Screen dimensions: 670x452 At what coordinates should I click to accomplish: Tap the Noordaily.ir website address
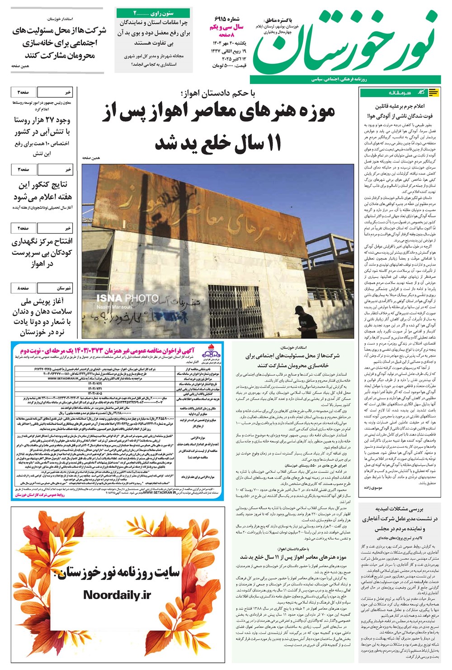[x=117, y=595]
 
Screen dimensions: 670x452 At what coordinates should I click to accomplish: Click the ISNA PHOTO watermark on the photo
[x=127, y=298]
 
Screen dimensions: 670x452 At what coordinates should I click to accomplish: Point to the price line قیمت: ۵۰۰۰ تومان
[x=229, y=66]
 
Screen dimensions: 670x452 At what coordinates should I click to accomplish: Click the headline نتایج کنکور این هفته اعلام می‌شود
[x=42, y=191]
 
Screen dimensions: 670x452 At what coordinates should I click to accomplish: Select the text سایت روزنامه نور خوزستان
[x=117, y=572]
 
